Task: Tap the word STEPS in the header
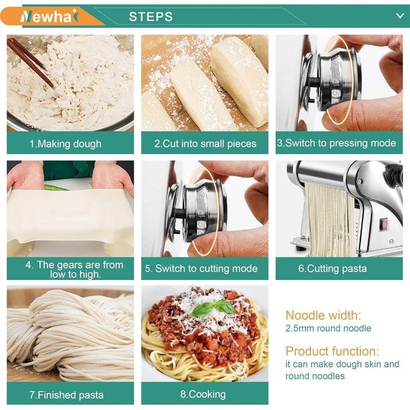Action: click(x=151, y=17)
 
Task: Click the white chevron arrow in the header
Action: click(x=400, y=16)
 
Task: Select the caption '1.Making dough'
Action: click(x=66, y=144)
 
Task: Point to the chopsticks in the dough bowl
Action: click(x=30, y=63)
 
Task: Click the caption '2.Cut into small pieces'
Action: click(x=205, y=144)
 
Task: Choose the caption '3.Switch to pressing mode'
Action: click(x=337, y=143)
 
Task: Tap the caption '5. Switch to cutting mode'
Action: click(x=202, y=269)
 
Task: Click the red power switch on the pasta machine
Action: click(x=384, y=225)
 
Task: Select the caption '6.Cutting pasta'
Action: click(x=333, y=269)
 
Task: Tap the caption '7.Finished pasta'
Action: click(x=67, y=395)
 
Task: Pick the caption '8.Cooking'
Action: click(x=203, y=394)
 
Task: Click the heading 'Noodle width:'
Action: click(x=323, y=315)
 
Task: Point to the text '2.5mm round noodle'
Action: click(x=329, y=329)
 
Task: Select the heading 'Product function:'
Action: click(x=332, y=351)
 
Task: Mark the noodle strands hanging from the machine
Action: click(x=330, y=220)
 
